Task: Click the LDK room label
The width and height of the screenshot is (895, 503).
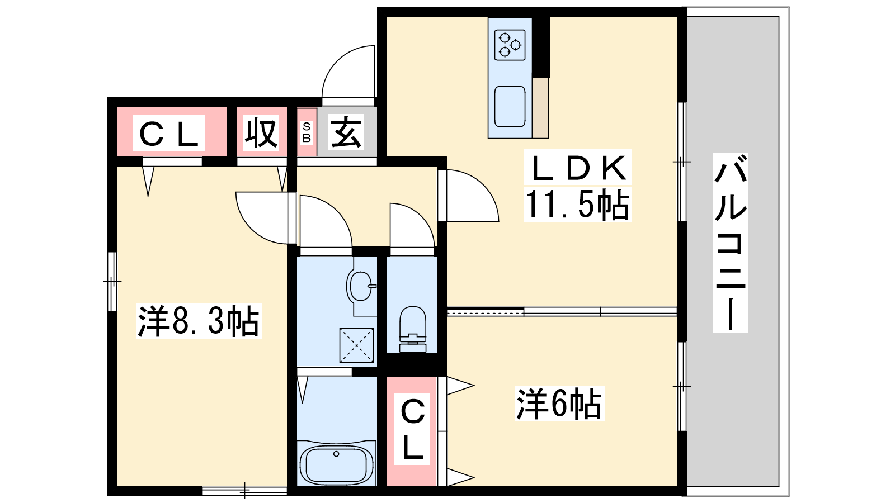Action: click(578, 168)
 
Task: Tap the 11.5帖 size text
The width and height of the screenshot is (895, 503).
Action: click(577, 205)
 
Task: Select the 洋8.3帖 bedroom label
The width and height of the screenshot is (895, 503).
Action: click(199, 321)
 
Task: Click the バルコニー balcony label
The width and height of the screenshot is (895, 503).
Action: click(731, 243)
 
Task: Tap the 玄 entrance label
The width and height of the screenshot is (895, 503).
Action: click(346, 132)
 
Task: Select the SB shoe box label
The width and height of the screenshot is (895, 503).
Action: click(307, 132)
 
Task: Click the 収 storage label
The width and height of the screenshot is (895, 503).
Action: click(261, 132)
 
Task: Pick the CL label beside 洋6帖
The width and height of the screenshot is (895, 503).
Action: click(412, 429)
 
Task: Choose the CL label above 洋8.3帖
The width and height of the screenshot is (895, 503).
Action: click(169, 134)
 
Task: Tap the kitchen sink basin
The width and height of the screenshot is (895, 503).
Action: click(510, 107)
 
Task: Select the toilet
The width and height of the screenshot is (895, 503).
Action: click(413, 329)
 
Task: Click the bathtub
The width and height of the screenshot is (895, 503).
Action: click(336, 464)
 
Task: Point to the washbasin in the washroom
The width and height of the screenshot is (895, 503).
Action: click(361, 286)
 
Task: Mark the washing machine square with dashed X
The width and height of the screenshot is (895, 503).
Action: click(356, 345)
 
